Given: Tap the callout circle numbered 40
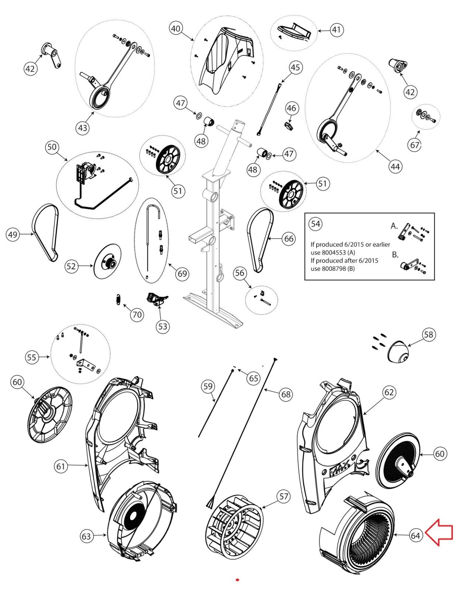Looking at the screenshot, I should coord(177,28).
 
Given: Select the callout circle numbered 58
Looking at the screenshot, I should coord(428,335).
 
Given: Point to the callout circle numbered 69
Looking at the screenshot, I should coord(182,274).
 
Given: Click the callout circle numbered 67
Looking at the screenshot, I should coord(415,145).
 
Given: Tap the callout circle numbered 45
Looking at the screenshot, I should coord(295,67).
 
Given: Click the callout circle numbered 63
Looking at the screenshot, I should coord(86,536).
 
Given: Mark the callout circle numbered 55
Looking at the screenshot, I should coord(32,357).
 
